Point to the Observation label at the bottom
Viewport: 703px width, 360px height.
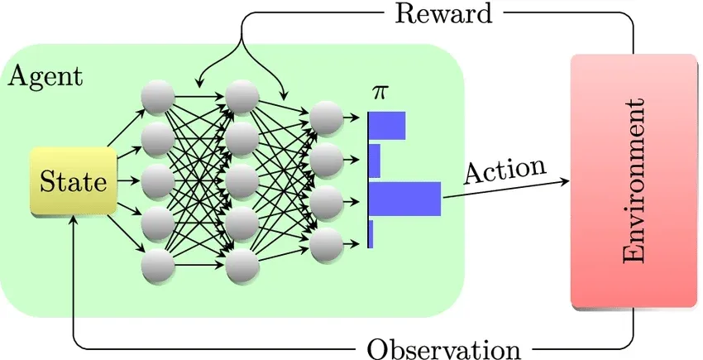coord(443,348)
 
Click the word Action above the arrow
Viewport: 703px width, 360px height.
coord(505,170)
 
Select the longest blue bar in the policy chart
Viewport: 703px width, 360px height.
coord(405,199)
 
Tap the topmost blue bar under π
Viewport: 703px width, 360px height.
coord(387,126)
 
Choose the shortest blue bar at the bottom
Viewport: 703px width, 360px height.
coord(371,234)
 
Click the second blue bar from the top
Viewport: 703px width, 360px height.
coord(375,161)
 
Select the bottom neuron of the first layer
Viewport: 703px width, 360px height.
coord(158,266)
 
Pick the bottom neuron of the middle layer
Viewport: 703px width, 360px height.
coord(242,266)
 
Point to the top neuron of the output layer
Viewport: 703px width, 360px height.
coord(327,118)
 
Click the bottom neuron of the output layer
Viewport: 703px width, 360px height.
coord(327,242)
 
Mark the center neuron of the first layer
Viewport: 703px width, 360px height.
coord(158,182)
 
